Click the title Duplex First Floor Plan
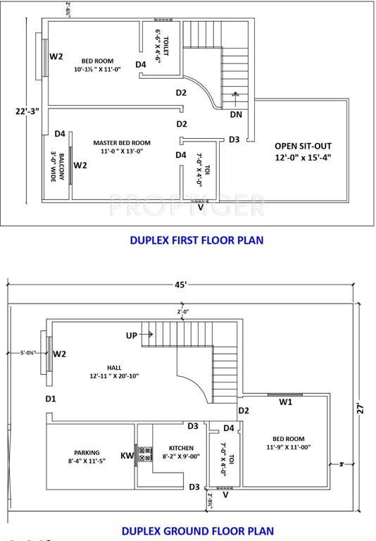tap(196, 240)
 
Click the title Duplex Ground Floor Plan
tap(197, 531)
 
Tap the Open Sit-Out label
tap(303, 152)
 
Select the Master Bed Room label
tap(122, 147)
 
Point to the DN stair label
tap(236, 115)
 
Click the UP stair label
tap(132, 336)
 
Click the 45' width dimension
tap(182, 285)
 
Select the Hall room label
tap(114, 372)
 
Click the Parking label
tap(87, 457)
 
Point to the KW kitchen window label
tap(127, 456)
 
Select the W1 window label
tap(285, 402)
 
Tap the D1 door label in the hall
tap(51, 399)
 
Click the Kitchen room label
tap(176, 452)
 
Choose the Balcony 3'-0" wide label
tap(58, 168)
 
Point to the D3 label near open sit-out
tap(234, 139)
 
